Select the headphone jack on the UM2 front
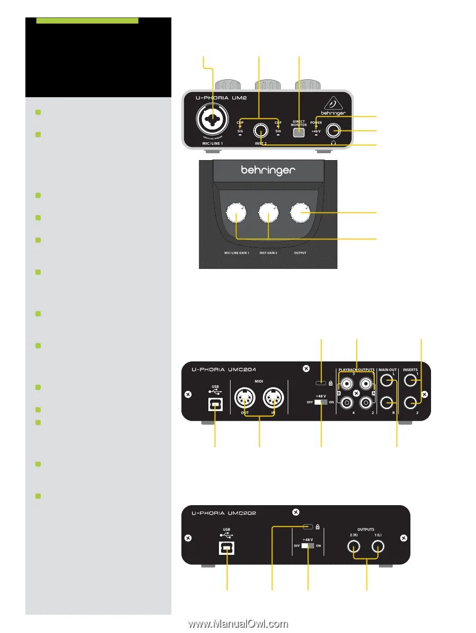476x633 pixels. pos(334,130)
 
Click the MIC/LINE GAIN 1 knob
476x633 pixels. pos(235,215)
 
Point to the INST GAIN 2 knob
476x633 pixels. pos(268,213)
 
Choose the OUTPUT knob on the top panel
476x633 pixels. pos(300,212)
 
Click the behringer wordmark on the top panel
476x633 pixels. pos(268,171)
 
